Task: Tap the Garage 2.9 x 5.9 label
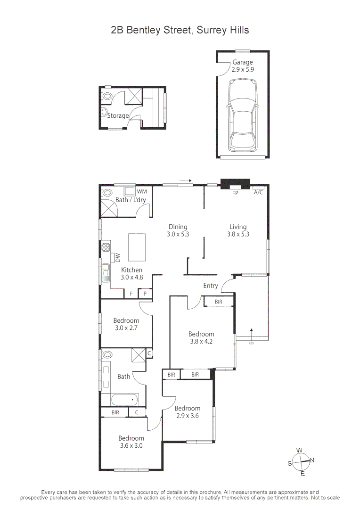(243, 66)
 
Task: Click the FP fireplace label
(235, 193)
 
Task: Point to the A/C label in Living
(258, 193)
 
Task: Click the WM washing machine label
(142, 191)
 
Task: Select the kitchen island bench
(137, 247)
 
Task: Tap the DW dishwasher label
(118, 257)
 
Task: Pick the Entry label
(211, 286)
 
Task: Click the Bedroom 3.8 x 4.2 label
(201, 338)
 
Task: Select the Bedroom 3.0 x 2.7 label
(126, 324)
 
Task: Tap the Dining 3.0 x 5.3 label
(178, 230)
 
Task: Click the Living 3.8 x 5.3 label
(238, 230)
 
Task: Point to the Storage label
(118, 115)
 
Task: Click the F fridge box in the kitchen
(131, 294)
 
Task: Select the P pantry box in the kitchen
(145, 294)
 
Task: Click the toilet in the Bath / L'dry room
(106, 193)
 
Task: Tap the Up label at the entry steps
(251, 343)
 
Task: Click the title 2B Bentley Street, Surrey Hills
(180, 30)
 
